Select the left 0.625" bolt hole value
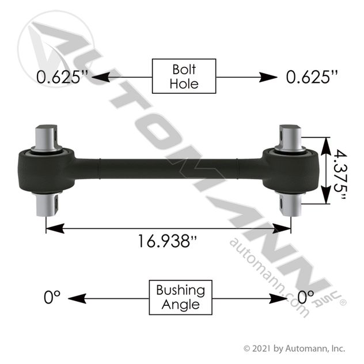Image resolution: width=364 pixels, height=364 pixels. pyautogui.click(x=62, y=77)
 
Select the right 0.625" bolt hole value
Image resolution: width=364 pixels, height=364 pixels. pyautogui.click(x=312, y=77)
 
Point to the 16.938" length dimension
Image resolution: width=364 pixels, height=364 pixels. pyautogui.click(x=168, y=241)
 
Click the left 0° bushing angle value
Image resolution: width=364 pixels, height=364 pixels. pyautogui.click(x=52, y=297)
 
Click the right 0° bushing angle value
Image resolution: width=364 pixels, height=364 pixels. pyautogui.click(x=306, y=297)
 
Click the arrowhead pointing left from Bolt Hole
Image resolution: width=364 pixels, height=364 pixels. pyautogui.click(x=101, y=77)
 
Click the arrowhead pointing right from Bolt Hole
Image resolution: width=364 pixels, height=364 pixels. pyautogui.click(x=268, y=77)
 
